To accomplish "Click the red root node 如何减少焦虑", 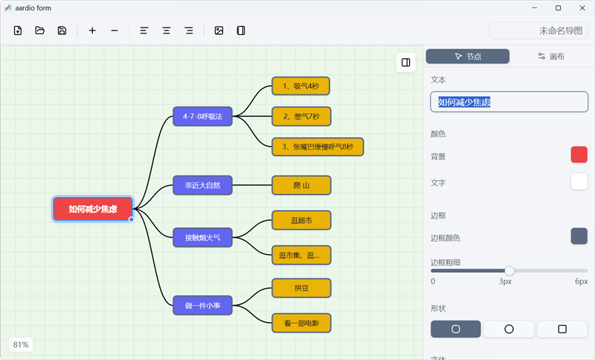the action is click(x=93, y=209).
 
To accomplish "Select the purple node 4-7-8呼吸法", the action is click(x=202, y=117).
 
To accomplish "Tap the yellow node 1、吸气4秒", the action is click(x=301, y=86).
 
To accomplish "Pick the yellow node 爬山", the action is click(x=301, y=185).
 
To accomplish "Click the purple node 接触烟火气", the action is click(x=202, y=237).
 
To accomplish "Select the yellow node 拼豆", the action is click(x=301, y=288).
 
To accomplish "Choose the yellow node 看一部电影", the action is click(x=301, y=323).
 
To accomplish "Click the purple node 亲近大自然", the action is click(x=202, y=185).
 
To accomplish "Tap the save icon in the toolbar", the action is click(x=62, y=30).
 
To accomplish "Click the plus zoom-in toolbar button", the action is click(x=92, y=30).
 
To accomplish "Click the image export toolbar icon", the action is click(x=219, y=30).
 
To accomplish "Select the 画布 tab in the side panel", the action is click(x=551, y=57).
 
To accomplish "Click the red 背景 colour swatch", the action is click(x=579, y=155).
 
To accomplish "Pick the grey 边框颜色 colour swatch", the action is click(x=579, y=236).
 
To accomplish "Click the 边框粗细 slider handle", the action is click(x=509, y=271).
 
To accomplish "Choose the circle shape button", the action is click(x=509, y=329).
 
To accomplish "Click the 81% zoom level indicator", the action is click(x=21, y=344).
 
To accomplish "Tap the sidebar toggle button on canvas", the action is click(x=405, y=62).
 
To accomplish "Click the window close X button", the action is click(x=582, y=8).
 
